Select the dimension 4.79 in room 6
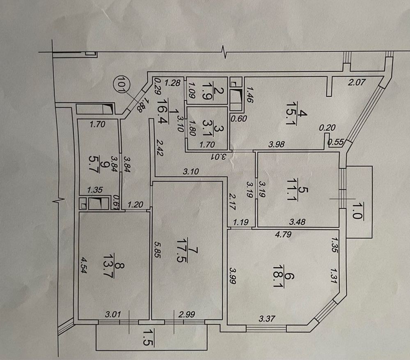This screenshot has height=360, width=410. [282, 235]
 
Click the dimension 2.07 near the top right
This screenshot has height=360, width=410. [356, 82]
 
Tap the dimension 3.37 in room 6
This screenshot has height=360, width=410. [266, 319]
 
